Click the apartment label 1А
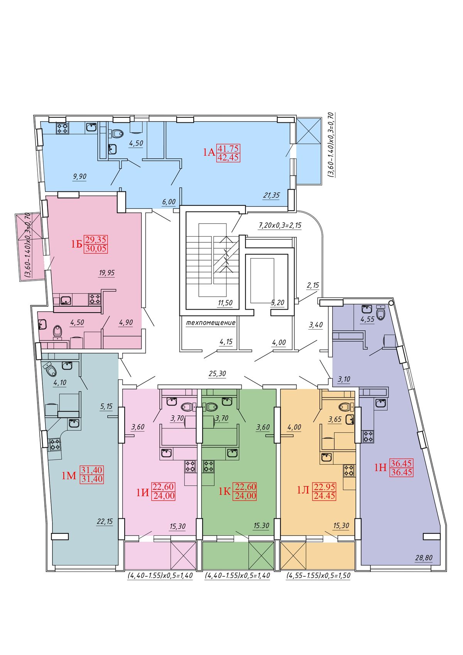tap(209, 152)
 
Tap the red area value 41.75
tap(228, 148)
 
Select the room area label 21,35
tap(271, 195)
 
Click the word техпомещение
tap(211, 323)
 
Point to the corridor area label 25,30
tap(218, 373)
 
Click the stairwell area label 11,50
tap(225, 303)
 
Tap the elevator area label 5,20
tap(277, 303)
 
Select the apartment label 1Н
tap(381, 467)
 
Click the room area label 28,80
tap(424, 558)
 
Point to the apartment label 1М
tap(69, 476)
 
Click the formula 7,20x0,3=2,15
tap(280, 225)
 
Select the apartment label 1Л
tap(303, 490)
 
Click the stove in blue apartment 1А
tap(63, 128)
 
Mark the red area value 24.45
tap(324, 496)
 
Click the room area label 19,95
tap(107, 273)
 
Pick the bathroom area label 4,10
tap(60, 383)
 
